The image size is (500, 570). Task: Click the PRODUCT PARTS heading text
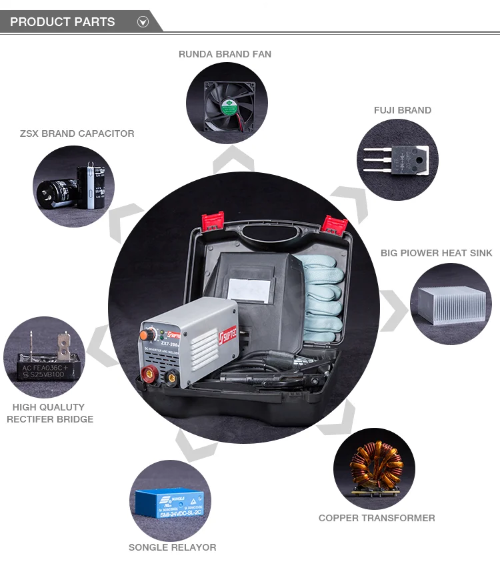(x=62, y=22)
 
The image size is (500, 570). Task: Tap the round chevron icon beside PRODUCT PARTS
(x=143, y=22)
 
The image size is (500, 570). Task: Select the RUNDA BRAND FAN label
(x=225, y=54)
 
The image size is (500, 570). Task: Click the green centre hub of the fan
(x=229, y=103)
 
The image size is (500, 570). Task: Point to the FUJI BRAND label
(x=402, y=110)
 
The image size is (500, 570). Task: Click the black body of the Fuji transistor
(x=406, y=160)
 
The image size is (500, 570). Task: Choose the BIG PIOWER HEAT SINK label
(x=436, y=253)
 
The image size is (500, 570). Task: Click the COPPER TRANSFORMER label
(x=377, y=518)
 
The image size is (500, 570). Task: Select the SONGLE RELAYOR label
(x=172, y=547)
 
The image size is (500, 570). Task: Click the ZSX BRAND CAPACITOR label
(x=77, y=133)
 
